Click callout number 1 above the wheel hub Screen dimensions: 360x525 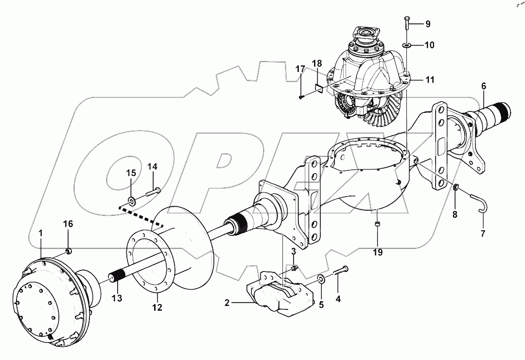pos(41,233)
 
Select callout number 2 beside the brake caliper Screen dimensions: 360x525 pos(227,303)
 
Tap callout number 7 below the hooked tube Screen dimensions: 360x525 pos(483,234)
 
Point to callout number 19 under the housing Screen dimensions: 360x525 pos(378,252)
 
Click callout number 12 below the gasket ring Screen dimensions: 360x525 pos(157,307)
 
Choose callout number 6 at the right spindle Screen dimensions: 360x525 pos(483,86)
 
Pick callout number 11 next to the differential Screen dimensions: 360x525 pos(430,79)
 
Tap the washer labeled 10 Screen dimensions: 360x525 pos(406,46)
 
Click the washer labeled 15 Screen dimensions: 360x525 pos(132,200)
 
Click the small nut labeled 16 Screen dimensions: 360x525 pos(69,251)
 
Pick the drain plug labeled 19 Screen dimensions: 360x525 pos(377,224)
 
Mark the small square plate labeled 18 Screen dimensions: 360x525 pos(318,88)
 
